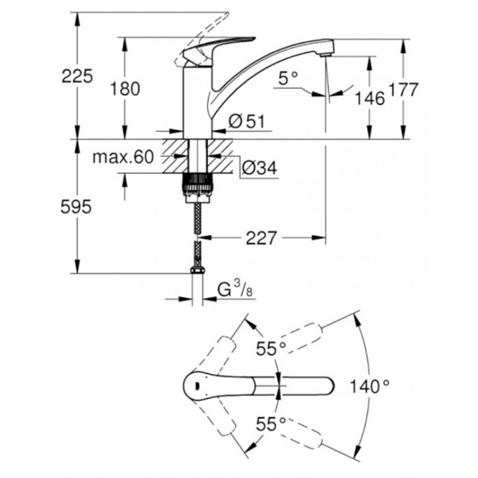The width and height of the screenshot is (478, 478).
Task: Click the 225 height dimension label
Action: tap(77, 76)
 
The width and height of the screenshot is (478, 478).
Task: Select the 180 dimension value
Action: tap(125, 88)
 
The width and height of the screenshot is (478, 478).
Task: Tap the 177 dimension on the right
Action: tap(402, 90)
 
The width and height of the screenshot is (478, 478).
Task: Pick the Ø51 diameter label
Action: tap(246, 121)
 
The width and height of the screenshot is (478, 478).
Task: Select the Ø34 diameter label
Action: tap(259, 170)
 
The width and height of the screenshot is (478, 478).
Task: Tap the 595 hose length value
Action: tap(77, 207)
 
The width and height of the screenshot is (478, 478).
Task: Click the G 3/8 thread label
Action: tap(232, 292)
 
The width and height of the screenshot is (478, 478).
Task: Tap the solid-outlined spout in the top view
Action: tap(263, 386)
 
